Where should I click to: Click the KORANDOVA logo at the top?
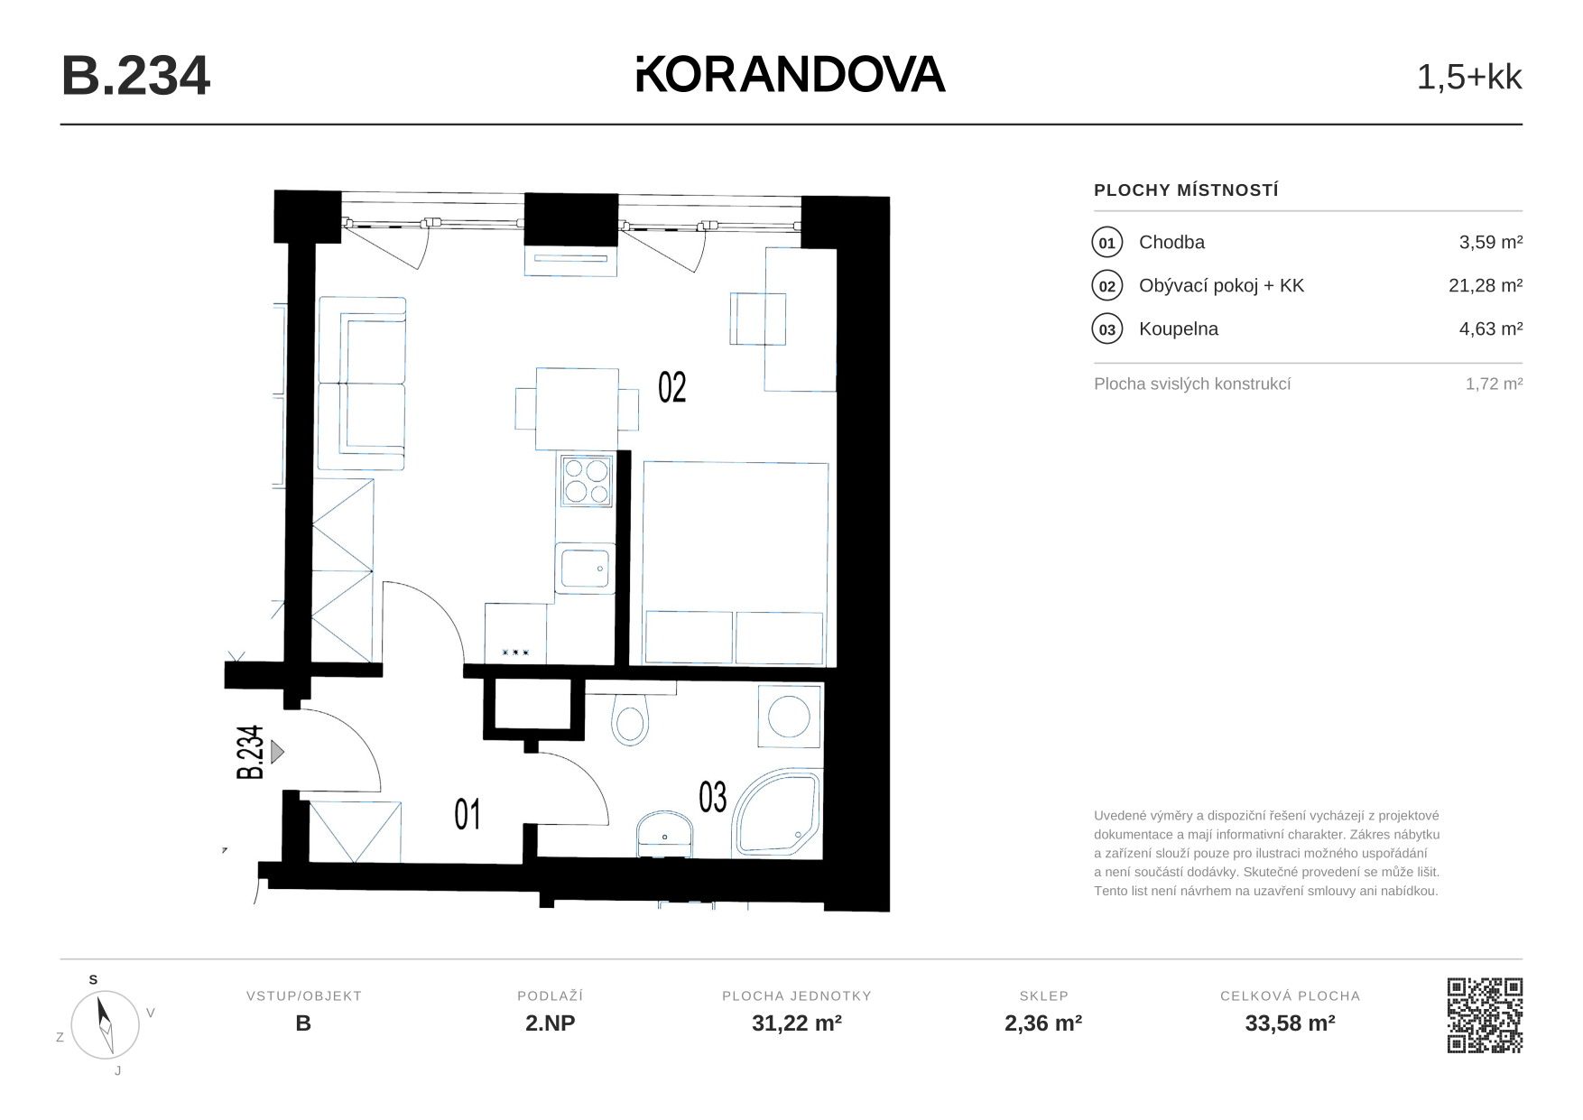[x=791, y=74]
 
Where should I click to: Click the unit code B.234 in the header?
[x=135, y=76]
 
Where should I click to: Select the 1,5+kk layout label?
[x=1469, y=78]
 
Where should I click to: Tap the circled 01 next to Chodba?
[x=1107, y=243]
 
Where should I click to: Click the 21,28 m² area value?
[x=1486, y=285]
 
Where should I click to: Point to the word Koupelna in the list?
[x=1179, y=329]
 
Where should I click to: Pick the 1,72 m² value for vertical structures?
[x=1495, y=384]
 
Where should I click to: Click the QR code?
[x=1485, y=1015]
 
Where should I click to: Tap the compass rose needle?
[x=105, y=1023]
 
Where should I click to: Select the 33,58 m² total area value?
[x=1290, y=1023]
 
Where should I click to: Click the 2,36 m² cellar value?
[x=1043, y=1023]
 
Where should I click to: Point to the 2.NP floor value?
[x=551, y=1023]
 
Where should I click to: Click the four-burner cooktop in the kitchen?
[x=587, y=480]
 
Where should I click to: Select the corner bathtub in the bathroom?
[x=777, y=812]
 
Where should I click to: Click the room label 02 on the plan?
[x=672, y=387]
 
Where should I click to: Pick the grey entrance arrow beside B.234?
[x=278, y=752]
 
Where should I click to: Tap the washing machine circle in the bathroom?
[x=790, y=717]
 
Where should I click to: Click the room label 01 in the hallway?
[x=467, y=814]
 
